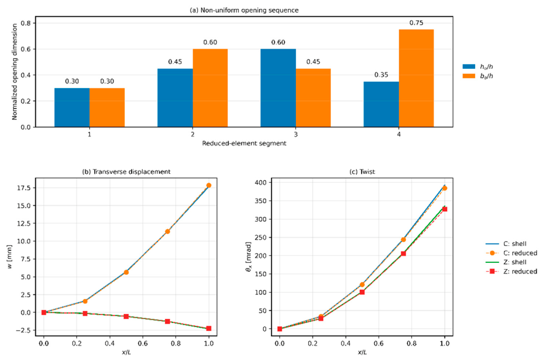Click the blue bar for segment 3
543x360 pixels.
(278, 88)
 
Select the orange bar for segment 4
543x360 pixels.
(416, 78)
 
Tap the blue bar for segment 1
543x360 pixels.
(72, 108)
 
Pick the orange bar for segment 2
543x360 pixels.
(210, 88)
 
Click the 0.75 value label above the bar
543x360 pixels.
(416, 23)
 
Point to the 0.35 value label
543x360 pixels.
(381, 75)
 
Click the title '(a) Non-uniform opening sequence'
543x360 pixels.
(244, 11)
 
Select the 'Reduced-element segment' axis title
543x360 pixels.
(244, 143)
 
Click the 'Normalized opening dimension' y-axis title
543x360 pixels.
(15, 72)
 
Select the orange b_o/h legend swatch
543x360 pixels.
(469, 76)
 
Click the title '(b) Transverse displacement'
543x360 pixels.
(126, 172)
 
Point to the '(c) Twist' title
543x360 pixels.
(362, 172)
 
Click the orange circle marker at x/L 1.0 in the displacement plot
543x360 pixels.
(209, 185)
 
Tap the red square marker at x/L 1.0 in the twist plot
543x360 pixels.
(445, 209)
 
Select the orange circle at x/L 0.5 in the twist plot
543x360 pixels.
(362, 285)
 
